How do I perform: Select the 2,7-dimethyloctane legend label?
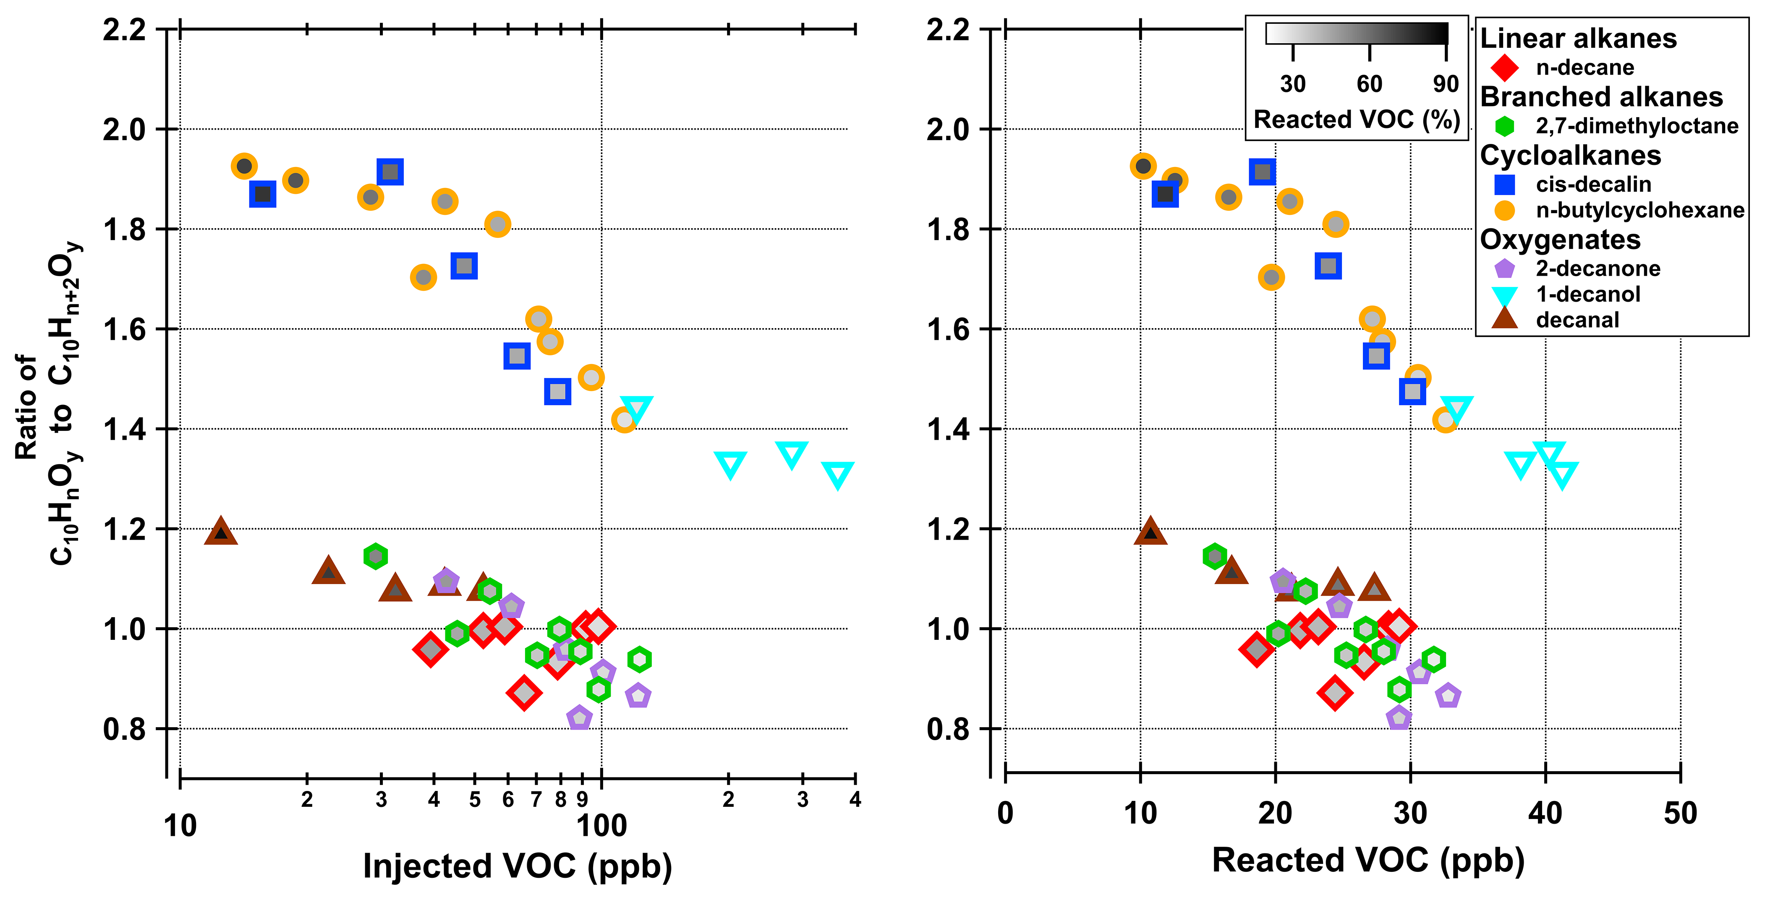click(1636, 126)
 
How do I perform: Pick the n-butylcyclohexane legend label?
click(1639, 210)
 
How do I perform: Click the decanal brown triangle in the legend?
click(1505, 318)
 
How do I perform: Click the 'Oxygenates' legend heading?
click(1560, 240)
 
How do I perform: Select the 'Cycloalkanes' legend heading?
click(1570, 156)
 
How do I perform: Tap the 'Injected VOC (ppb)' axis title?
click(517, 866)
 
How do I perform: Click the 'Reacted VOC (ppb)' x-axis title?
click(1368, 860)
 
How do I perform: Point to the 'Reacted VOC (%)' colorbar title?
click(1357, 120)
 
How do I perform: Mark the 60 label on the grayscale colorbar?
click(1369, 84)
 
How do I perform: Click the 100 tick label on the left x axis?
click(601, 826)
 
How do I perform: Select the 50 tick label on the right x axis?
click(1680, 814)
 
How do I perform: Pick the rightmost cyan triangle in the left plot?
click(837, 475)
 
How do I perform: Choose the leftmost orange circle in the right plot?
click(1143, 166)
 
